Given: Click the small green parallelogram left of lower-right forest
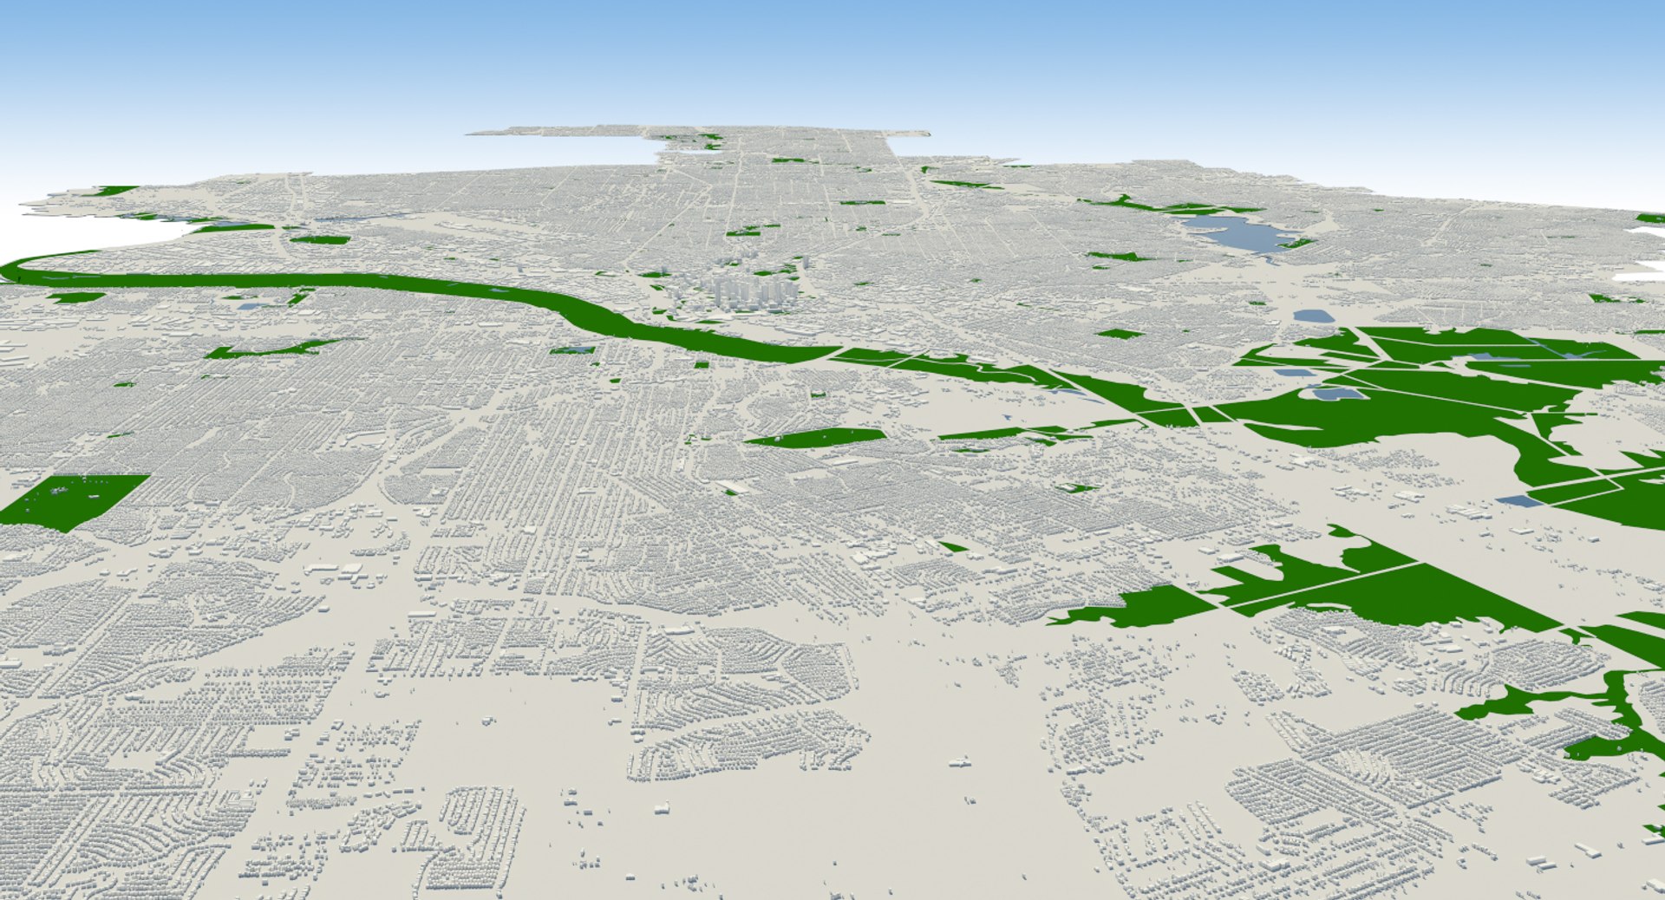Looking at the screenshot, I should click(954, 547).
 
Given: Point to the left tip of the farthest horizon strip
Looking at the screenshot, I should click(473, 134).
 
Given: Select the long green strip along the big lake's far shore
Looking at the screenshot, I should click(1171, 207).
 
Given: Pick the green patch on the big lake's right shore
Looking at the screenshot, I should click(1296, 244).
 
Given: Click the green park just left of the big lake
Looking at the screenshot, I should click(1119, 257).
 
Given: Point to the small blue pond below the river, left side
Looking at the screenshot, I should click(249, 305).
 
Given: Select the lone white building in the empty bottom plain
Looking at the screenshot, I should click(959, 763).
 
